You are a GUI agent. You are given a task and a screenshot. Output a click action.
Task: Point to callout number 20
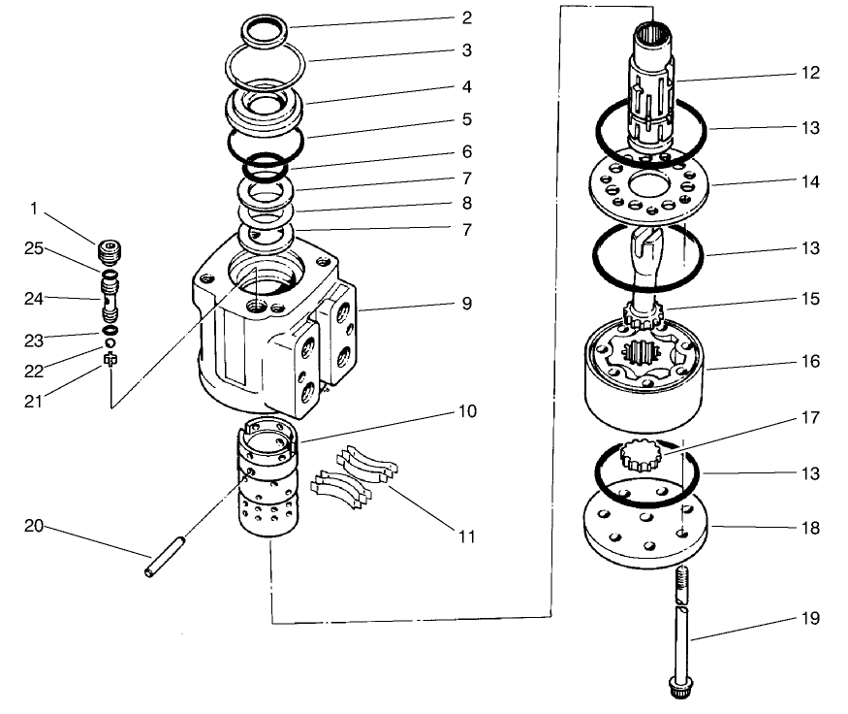[35, 526]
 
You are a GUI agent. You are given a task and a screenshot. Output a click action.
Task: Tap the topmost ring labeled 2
[265, 31]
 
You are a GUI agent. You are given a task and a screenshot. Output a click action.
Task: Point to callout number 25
[35, 249]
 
